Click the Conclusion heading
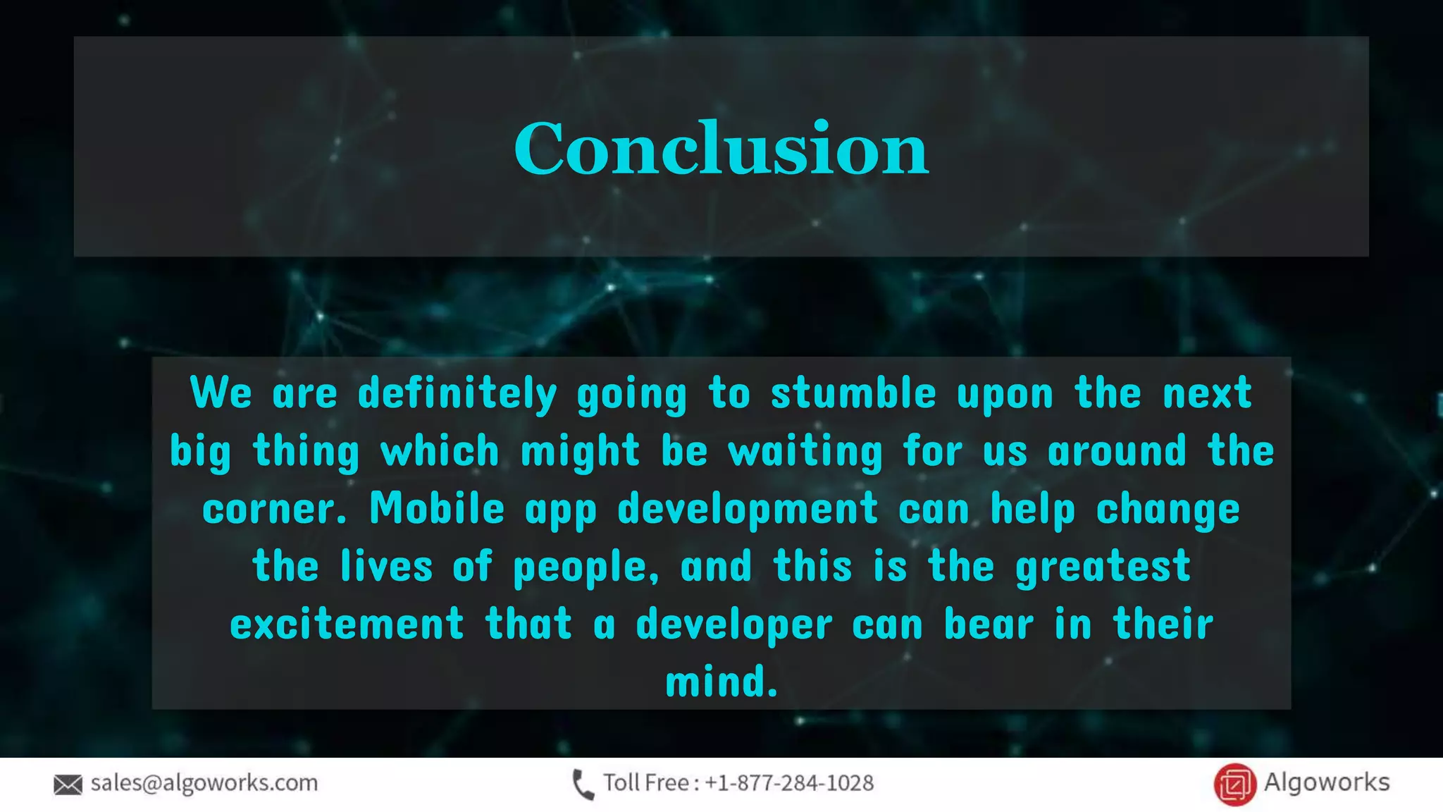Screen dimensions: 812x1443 [721, 148]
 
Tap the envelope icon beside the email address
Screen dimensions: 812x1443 [68, 785]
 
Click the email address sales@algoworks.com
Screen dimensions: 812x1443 [204, 783]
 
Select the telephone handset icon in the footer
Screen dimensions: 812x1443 [583, 785]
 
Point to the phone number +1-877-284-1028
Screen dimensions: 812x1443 [789, 783]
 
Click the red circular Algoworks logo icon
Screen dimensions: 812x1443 [1234, 785]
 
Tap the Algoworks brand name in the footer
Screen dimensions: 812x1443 [1326, 782]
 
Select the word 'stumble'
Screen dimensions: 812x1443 [853, 393]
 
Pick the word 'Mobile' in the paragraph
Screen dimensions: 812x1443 [437, 508]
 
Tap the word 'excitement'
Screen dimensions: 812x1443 [347, 625]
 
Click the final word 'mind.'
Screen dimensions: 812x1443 [721, 682]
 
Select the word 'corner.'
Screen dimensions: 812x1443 [275, 509]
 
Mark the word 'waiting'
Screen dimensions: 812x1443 [805, 452]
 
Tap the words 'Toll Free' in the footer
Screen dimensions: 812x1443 [645, 783]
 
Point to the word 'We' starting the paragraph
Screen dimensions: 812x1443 [221, 393]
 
